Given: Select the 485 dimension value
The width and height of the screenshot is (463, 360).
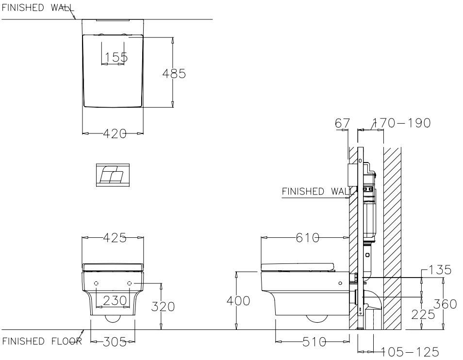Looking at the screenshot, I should (x=174, y=73).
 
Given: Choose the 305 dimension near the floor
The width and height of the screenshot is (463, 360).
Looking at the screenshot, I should (x=113, y=342).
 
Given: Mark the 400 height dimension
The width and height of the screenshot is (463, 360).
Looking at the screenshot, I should (x=238, y=301).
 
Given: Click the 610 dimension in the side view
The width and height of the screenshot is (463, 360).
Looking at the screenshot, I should (x=308, y=238).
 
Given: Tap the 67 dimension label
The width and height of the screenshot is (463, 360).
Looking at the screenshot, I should (x=342, y=123).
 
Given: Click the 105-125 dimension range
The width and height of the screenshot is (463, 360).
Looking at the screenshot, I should (x=409, y=351).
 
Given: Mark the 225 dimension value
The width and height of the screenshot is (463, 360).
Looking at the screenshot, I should (x=423, y=314).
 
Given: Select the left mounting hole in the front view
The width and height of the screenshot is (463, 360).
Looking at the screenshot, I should (x=96, y=283).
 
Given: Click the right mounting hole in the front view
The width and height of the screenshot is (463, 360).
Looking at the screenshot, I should (x=130, y=283).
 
